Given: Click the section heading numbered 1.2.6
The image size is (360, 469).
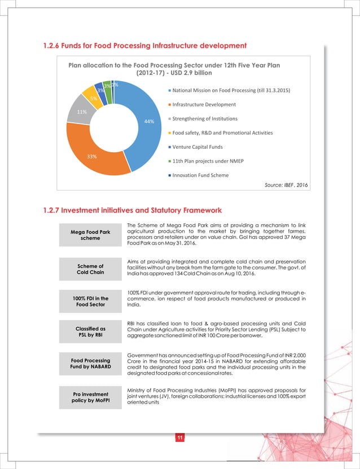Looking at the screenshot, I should [x=144, y=45].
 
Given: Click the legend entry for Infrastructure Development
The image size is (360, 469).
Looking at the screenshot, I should [x=204, y=104].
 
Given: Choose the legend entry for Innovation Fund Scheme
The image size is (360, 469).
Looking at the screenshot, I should [x=200, y=175].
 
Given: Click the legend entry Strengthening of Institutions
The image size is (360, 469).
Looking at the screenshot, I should [x=205, y=118].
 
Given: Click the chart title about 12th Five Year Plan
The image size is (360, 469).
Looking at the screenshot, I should [x=174, y=69].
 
